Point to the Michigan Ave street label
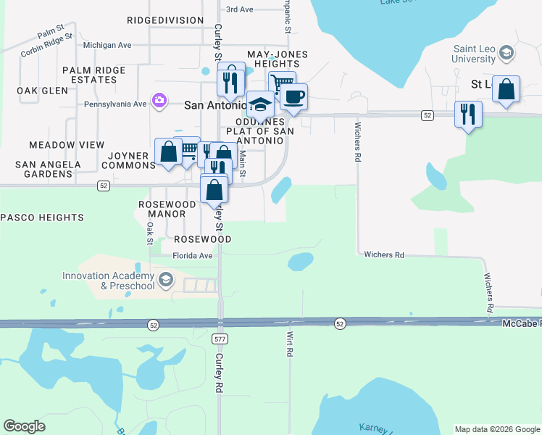coord(107,45)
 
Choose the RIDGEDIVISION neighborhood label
coord(165,20)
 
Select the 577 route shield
coord(220,339)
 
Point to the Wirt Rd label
coord(289,343)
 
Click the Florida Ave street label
coord(192,256)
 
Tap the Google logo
coord(25,426)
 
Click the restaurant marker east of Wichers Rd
coord(468,115)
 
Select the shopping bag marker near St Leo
coord(506,90)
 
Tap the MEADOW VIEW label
coord(67,146)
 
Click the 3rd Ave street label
coord(240,9)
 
